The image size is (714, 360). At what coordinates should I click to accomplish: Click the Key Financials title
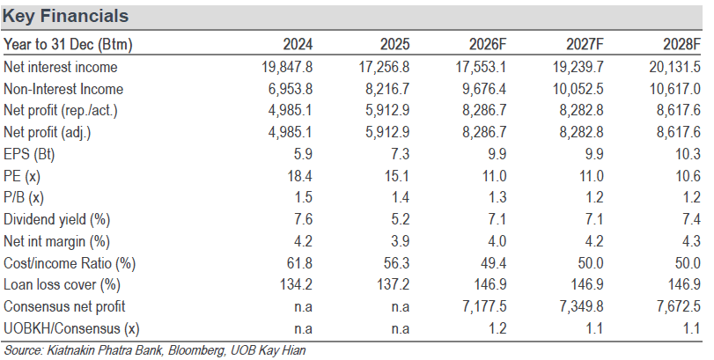point(65,17)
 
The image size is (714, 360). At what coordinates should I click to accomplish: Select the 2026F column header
point(488,44)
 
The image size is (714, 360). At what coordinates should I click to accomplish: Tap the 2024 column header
point(298,44)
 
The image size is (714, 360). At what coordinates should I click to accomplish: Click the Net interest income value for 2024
point(287,68)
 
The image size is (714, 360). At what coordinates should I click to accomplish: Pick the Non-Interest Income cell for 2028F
point(675,89)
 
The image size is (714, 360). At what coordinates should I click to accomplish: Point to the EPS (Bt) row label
point(29,155)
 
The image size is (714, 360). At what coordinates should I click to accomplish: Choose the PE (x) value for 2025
point(397,176)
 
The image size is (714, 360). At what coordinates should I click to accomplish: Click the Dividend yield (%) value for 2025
point(401,220)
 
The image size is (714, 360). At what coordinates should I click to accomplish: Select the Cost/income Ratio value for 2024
point(300,263)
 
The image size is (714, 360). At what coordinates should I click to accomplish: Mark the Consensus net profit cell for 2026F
point(484,307)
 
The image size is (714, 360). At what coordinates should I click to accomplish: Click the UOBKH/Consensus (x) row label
point(71,328)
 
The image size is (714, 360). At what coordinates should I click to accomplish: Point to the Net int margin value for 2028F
point(692,241)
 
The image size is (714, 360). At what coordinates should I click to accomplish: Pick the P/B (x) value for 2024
point(304,198)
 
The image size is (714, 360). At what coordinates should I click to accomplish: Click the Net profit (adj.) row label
point(48,133)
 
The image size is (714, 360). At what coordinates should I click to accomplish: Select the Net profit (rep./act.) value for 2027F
point(581,111)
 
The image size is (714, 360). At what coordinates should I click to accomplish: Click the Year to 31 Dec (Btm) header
point(68,45)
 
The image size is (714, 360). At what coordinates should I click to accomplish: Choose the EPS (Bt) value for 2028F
point(688,154)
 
